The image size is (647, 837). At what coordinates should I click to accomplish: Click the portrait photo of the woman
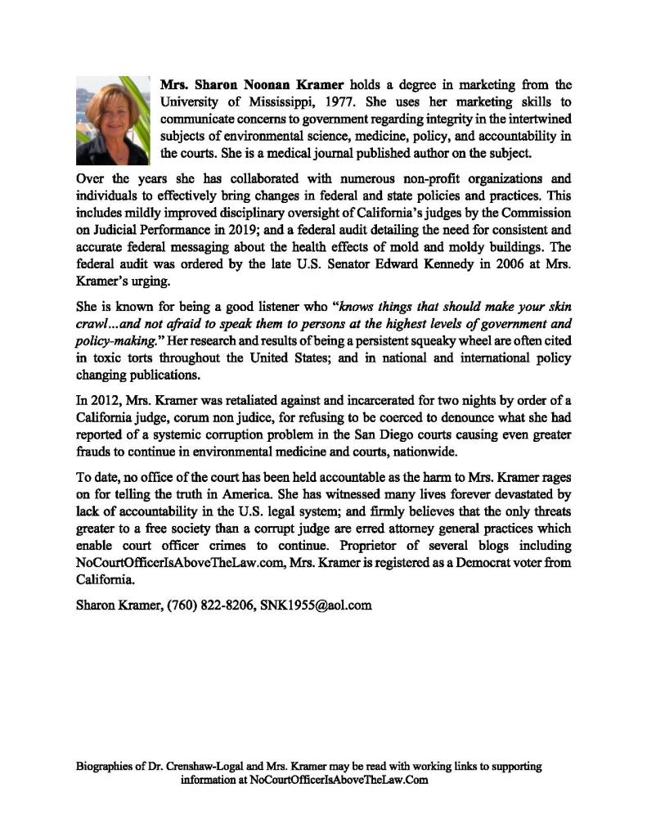[114, 120]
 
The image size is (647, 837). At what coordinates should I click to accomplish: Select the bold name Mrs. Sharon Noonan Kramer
[253, 84]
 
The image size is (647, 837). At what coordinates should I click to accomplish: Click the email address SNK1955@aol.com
[316, 605]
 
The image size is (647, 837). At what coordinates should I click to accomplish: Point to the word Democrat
[483, 562]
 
